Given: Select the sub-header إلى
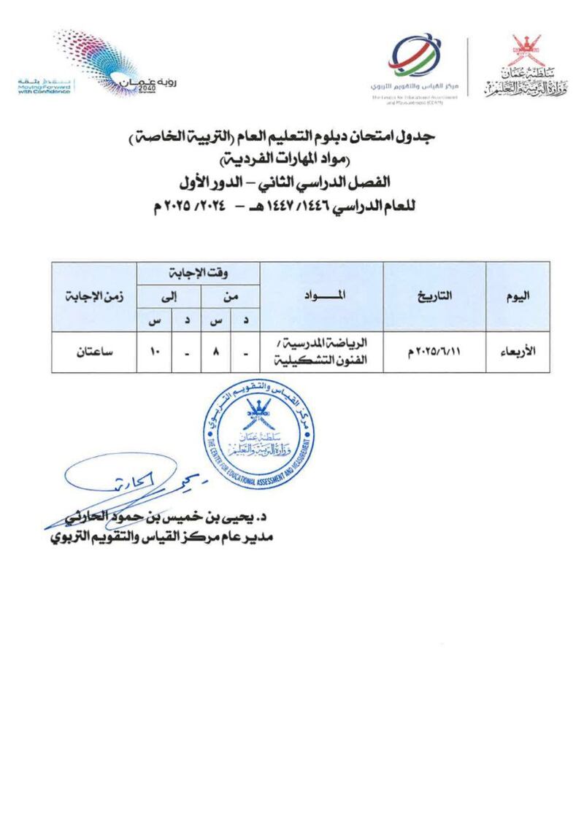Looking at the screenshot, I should click(172, 297).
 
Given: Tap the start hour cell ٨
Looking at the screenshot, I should click(216, 352).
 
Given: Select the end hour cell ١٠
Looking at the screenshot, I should click(155, 352).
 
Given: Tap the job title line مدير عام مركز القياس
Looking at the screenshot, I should click(157, 539).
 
